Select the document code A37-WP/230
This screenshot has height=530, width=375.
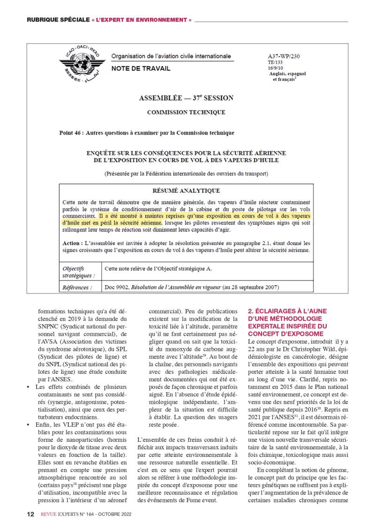point(284,56)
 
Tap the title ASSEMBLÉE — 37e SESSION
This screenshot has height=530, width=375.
point(186,98)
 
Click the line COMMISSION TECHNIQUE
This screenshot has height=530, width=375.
point(186,113)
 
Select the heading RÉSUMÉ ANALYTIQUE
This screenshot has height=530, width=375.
point(186,191)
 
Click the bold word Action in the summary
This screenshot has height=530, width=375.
point(73,243)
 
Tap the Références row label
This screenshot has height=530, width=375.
point(77,287)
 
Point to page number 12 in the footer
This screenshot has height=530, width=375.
point(30,514)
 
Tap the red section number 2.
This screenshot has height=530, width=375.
point(250,311)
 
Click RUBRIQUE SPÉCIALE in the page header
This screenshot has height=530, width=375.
point(58,20)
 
